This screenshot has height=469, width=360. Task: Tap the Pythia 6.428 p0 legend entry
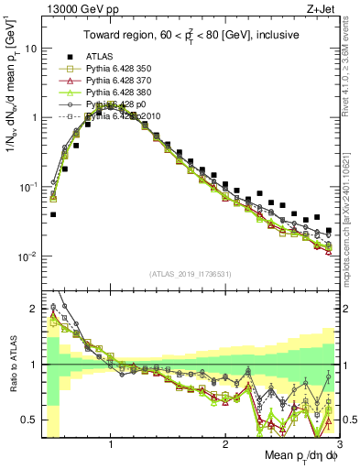115,104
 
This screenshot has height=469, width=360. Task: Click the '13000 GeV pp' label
72,10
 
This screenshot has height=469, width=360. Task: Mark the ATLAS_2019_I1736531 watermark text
191,274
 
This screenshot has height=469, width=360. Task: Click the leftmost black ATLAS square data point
53,214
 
